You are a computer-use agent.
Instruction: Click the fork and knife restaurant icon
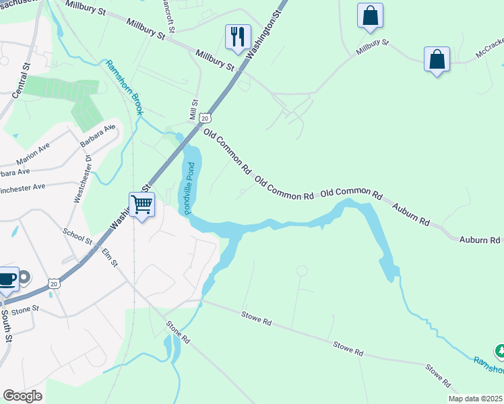coord(238,36)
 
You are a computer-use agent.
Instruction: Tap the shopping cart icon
coord(142,203)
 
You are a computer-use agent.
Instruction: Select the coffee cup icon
coord(7,278)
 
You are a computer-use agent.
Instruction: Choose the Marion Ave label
coord(34,156)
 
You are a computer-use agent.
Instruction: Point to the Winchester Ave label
coord(22,189)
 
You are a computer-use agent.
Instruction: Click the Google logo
coord(22,396)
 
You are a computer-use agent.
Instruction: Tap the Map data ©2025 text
coord(475,399)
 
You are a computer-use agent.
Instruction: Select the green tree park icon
coord(499,351)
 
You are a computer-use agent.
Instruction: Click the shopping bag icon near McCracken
coord(437,59)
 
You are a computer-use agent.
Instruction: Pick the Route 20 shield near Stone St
coord(55,283)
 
